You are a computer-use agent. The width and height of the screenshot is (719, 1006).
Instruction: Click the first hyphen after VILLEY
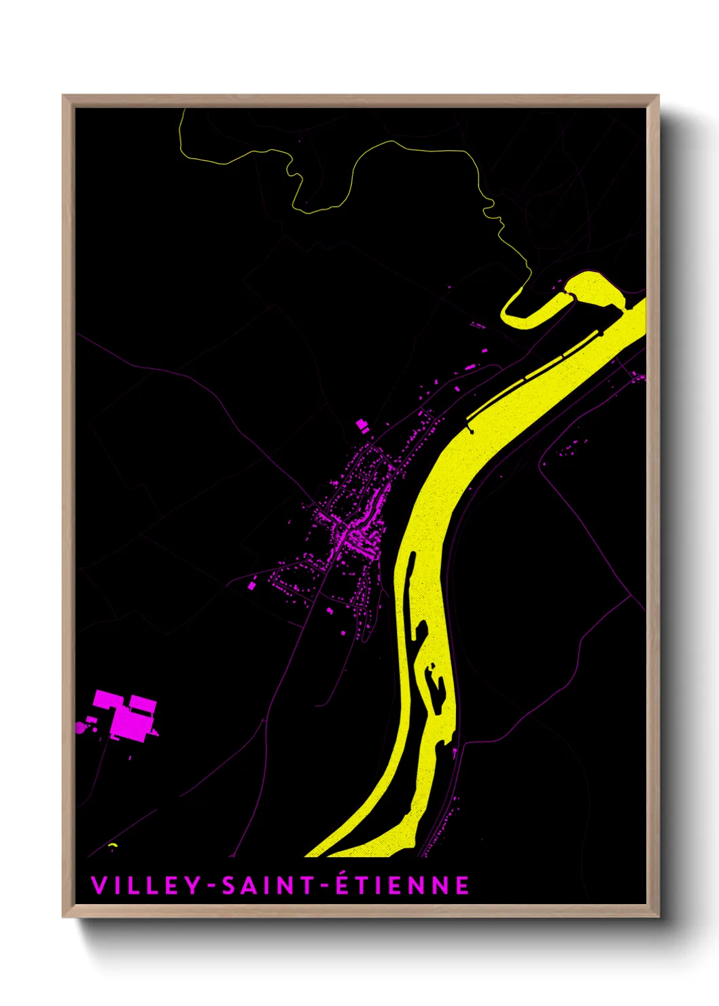pos(212,886)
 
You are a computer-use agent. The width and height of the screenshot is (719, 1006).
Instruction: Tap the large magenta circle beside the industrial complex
pos(82,728)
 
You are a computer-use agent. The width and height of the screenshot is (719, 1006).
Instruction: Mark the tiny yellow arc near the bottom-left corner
pos(112,845)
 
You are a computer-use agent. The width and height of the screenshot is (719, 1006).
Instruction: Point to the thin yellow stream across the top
pos(381,146)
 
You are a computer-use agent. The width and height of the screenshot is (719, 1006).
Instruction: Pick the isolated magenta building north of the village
pos(362,426)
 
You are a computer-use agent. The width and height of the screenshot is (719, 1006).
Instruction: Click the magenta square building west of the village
pos(252,584)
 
